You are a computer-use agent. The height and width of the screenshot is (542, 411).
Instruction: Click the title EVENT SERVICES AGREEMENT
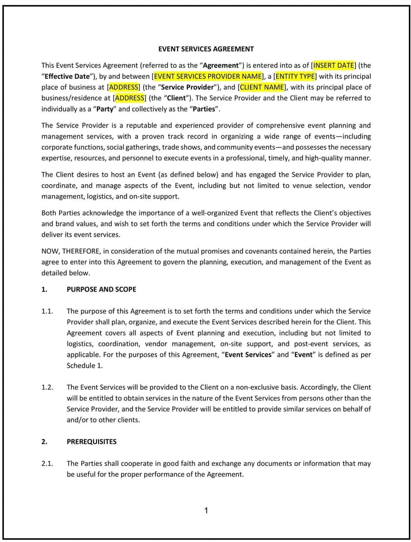point(206,49)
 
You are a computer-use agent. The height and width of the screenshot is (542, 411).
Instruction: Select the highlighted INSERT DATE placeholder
point(333,65)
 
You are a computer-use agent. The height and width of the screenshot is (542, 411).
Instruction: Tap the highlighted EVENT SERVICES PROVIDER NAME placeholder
point(208,76)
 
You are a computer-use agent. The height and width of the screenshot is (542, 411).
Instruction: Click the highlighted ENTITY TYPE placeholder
point(295,76)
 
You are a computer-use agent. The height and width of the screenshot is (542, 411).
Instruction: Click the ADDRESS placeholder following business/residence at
point(130,98)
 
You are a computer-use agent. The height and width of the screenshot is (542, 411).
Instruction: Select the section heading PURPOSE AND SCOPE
point(101,289)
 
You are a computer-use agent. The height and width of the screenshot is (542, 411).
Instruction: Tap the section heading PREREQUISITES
point(92,441)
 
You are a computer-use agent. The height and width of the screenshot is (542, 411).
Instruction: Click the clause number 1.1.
point(47,311)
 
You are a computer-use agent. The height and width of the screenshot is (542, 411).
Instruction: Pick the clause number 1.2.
point(47,387)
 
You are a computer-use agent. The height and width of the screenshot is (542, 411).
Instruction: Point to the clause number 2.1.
point(47,463)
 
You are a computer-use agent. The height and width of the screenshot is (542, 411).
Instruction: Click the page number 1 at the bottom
point(206,511)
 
